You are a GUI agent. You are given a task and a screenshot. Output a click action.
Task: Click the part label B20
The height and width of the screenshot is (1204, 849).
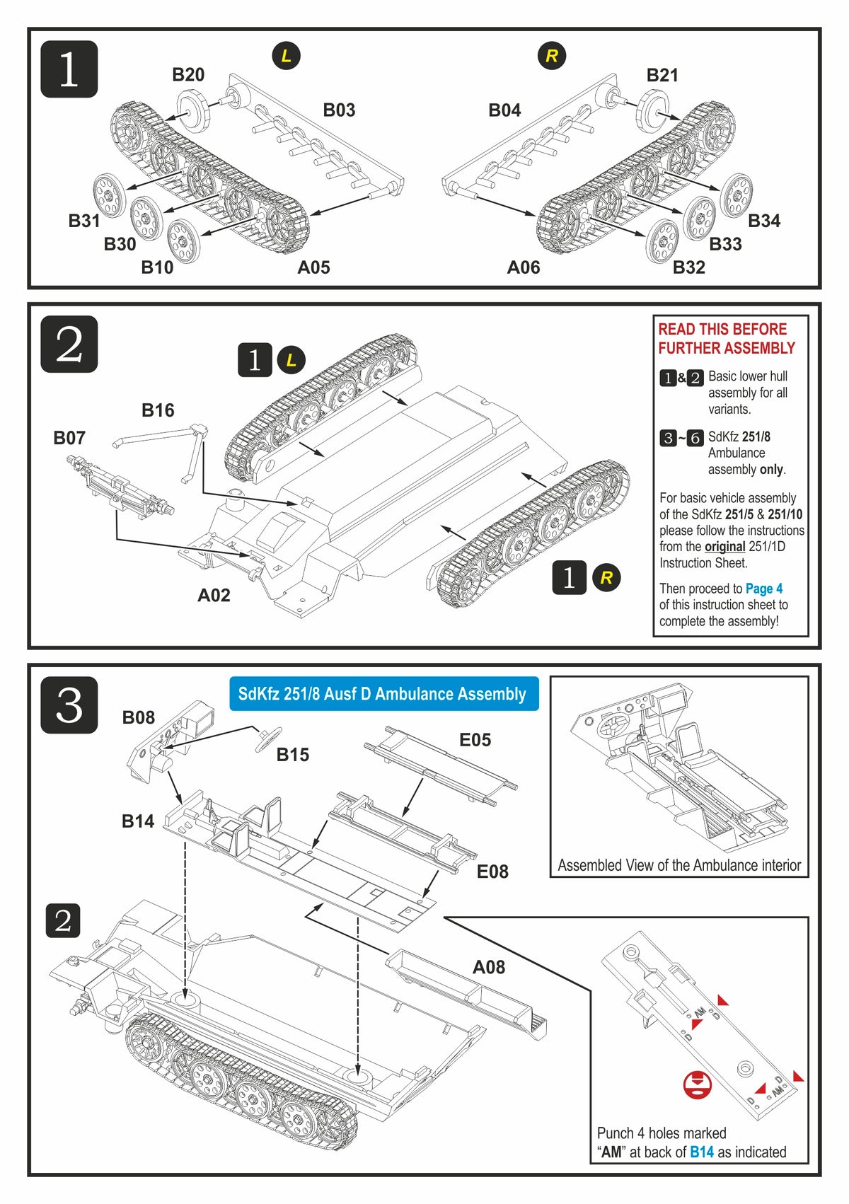[x=188, y=75]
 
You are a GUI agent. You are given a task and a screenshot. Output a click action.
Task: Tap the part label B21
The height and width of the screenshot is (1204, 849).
[x=662, y=75]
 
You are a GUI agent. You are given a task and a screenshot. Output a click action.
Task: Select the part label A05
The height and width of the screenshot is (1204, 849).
[x=313, y=267]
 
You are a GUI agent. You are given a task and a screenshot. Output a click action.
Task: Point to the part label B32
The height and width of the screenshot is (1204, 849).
[x=688, y=267]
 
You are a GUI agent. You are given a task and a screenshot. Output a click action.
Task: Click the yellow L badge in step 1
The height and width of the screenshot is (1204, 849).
[x=286, y=56]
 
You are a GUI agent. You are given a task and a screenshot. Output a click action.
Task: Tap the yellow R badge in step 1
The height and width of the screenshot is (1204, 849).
[x=552, y=56]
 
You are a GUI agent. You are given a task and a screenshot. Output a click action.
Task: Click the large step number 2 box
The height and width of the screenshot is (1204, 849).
[x=69, y=345]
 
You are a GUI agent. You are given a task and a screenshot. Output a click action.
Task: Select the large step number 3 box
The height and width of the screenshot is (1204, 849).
[x=69, y=705]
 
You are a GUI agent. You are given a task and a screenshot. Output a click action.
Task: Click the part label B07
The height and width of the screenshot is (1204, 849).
[x=69, y=438]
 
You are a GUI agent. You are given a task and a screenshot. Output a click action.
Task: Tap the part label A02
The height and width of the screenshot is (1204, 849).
[x=214, y=596]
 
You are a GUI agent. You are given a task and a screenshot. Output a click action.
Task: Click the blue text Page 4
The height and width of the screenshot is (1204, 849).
[x=764, y=589]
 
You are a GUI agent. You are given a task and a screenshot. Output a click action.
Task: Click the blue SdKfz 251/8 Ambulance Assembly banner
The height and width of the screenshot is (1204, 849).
[x=383, y=694]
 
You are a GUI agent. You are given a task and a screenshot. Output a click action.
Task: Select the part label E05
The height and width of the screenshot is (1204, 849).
[x=475, y=740]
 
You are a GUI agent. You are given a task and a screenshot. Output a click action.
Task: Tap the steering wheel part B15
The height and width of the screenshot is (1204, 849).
[x=268, y=739]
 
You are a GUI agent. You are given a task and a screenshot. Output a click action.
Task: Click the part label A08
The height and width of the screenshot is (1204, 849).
[x=489, y=967]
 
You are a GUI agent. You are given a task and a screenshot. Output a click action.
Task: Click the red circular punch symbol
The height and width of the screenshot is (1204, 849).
[x=698, y=1084]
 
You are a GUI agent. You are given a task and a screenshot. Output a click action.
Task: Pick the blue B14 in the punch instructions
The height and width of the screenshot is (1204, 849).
[x=702, y=1152]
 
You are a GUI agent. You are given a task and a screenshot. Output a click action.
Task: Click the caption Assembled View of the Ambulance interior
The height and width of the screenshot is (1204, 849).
[x=679, y=865]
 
